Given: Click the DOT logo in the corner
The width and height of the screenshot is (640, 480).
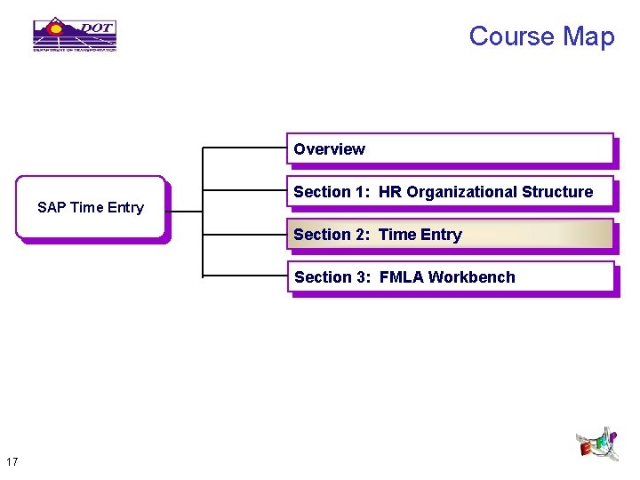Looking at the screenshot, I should [75, 35].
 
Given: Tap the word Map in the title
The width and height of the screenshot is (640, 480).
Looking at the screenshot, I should [588, 36].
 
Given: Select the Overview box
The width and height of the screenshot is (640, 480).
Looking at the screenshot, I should [450, 149].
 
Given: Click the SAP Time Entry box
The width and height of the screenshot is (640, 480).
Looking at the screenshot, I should [91, 208].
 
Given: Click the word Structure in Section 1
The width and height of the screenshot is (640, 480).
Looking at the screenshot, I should [557, 192].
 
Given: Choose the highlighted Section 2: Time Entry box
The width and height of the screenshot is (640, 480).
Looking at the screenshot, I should [450, 235].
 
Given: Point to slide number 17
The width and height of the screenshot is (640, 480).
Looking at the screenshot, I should [12, 461].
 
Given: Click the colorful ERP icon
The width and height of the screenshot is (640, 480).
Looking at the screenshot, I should [596, 444].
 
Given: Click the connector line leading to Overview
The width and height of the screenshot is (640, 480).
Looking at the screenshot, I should [244, 147].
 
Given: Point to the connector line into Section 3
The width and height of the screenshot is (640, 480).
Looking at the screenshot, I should [244, 276].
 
